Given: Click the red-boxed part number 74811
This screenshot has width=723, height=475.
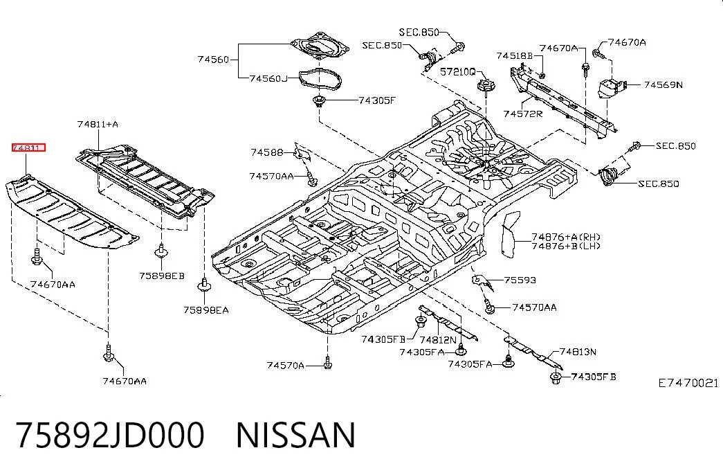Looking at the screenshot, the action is coord(28,147).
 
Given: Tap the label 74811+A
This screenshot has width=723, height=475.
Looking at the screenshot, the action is coord(98,124).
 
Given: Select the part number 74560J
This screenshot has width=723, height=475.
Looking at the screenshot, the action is coord(268,78).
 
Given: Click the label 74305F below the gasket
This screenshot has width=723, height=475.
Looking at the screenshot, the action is coord(377,100).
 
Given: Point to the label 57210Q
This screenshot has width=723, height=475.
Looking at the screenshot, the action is coord(457,71).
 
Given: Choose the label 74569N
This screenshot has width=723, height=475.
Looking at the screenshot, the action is coord(663,84).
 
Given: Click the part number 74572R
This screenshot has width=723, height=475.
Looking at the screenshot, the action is coord(523,114).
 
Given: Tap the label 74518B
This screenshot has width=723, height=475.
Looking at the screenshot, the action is coord(515,56).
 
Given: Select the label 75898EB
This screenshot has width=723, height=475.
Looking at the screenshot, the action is coord(162,276).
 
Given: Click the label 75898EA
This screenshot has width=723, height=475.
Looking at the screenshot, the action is coord(206,310).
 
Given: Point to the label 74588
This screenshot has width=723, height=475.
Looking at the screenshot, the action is coord(267,152).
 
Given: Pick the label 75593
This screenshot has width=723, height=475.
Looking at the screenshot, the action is coord(520,280).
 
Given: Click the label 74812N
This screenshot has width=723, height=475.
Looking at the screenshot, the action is coord(438,340).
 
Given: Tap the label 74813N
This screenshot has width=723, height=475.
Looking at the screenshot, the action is coord(578,352).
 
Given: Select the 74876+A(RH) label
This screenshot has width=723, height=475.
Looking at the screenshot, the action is coord(566,238).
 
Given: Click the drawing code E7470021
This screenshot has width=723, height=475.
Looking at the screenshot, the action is coord(688,383).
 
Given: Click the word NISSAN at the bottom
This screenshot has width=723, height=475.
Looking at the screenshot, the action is coord(296,436).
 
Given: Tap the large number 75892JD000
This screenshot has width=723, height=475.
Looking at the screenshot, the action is coord(110,436).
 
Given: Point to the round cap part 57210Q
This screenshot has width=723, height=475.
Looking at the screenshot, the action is coord(484,85).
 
